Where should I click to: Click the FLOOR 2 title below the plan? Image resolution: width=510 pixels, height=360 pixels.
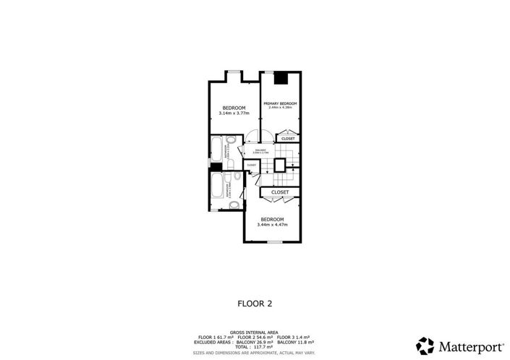point(255,304)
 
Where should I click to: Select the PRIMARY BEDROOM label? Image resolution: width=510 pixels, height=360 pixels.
point(280,103)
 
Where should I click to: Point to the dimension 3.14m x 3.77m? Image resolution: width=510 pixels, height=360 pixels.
point(234,113)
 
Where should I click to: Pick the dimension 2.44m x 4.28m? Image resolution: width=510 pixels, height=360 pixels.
point(280,108)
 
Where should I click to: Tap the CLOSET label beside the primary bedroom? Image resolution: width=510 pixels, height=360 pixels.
point(288,138)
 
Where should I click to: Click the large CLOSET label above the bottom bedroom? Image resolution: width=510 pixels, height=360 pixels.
point(280,192)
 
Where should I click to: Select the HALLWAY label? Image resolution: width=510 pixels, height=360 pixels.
point(261,150)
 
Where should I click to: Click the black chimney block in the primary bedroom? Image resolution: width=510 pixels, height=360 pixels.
point(283,78)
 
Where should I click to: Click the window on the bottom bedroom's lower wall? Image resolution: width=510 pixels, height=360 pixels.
point(274,241)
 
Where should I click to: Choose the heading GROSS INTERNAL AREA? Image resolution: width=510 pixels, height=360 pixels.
point(255,333)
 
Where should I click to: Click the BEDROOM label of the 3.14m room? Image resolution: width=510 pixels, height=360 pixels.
point(234,108)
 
